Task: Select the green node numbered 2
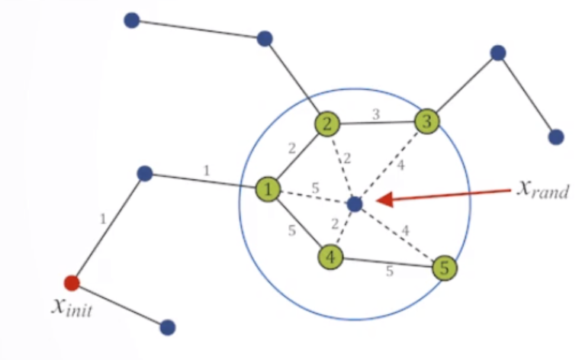point(326,124)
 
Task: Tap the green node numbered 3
point(427,121)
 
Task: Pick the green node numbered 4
point(330,257)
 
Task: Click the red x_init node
point(71,283)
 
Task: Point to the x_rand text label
point(542,188)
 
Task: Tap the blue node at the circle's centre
point(354,204)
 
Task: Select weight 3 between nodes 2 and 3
point(375,115)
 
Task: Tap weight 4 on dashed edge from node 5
point(405,229)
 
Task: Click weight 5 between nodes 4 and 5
point(389,271)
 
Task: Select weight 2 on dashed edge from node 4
point(333,224)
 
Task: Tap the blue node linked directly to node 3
point(498,53)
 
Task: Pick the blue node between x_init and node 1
point(145,174)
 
